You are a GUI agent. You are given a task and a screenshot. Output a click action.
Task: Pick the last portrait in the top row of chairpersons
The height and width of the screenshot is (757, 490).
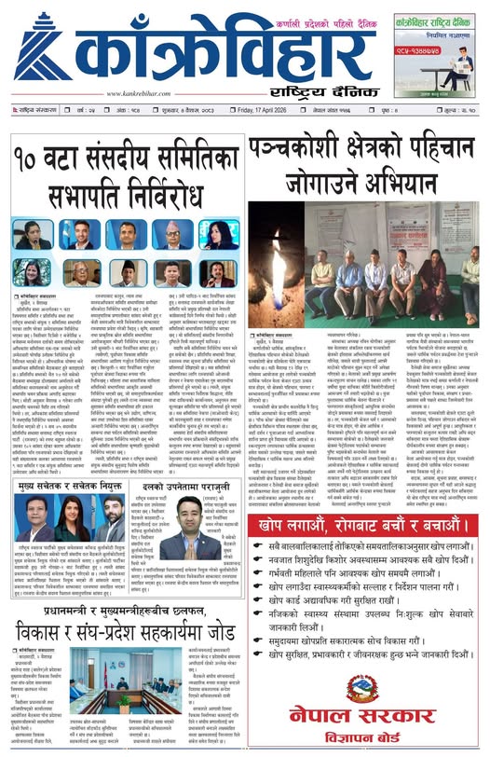[215, 234]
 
